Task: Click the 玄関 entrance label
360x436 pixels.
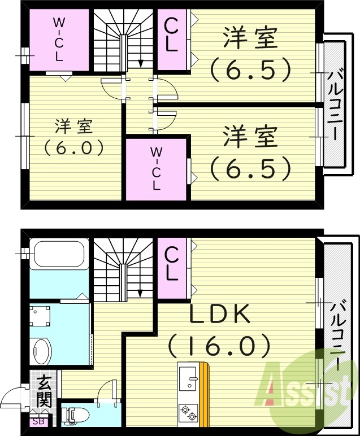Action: coord(45,391)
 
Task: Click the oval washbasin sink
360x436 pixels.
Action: coord(41,352)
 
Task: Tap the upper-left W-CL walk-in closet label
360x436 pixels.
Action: coord(58,39)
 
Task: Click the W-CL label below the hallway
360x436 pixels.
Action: coord(156,168)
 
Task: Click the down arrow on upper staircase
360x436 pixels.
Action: coord(140,62)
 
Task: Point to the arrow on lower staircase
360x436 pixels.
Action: coord(140,293)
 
